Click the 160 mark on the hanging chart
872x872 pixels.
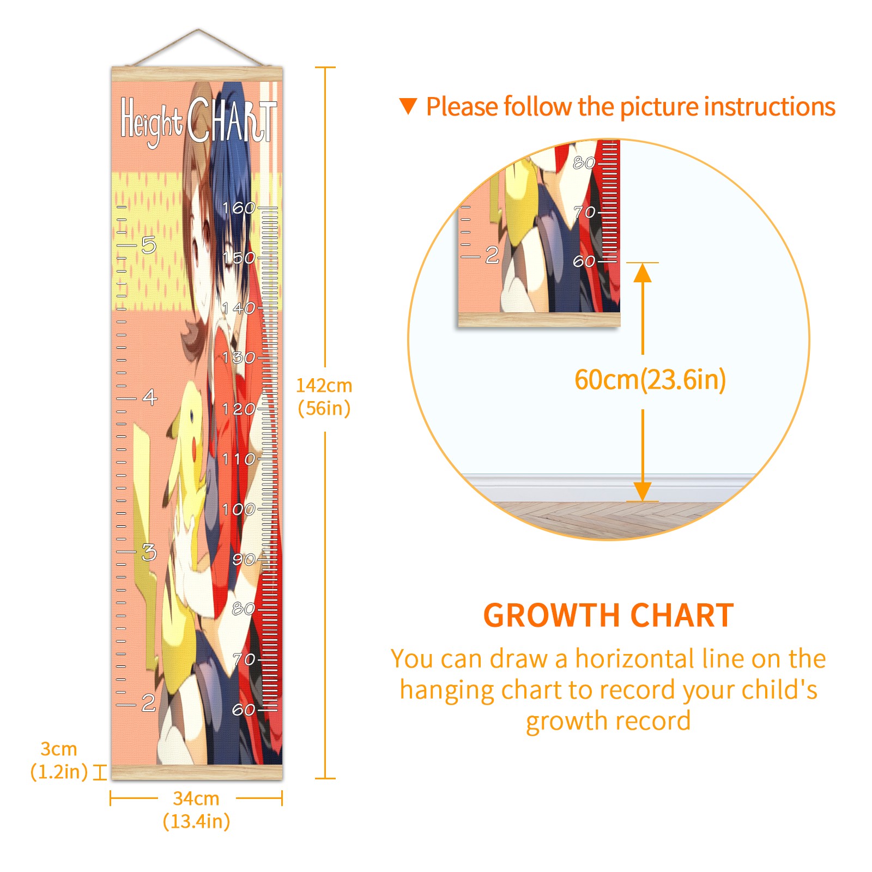[239, 208]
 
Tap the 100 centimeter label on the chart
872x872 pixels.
[239, 510]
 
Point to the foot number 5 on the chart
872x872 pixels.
[149, 245]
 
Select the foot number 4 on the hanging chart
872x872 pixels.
[150, 397]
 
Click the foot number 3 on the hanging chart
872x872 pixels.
[149, 552]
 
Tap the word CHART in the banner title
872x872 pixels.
[232, 120]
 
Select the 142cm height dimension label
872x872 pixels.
[324, 397]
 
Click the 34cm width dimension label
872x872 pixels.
[196, 810]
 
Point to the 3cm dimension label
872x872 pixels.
[59, 760]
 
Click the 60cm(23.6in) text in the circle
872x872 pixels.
[650, 379]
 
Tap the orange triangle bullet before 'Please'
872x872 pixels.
[408, 106]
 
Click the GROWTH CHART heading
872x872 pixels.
[609, 616]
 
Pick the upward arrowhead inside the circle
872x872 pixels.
[643, 272]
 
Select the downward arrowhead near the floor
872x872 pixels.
[643, 491]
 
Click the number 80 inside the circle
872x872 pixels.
[584, 162]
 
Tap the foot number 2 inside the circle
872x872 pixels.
[492, 255]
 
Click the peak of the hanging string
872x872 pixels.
[198, 29]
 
